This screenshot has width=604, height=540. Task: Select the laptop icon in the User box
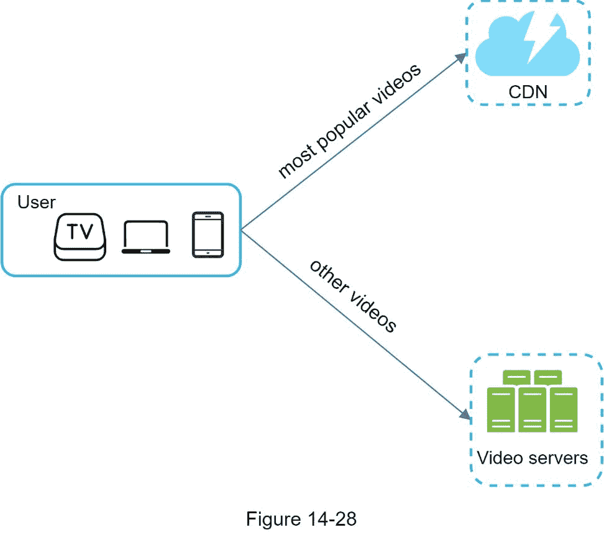coord(145,238)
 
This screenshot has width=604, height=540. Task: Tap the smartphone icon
coord(208,235)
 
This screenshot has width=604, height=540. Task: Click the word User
coord(36,203)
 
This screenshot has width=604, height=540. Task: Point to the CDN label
coord(528,92)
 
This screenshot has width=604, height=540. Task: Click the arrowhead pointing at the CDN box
coord(461,57)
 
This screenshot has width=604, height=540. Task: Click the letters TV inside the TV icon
coord(80,231)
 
